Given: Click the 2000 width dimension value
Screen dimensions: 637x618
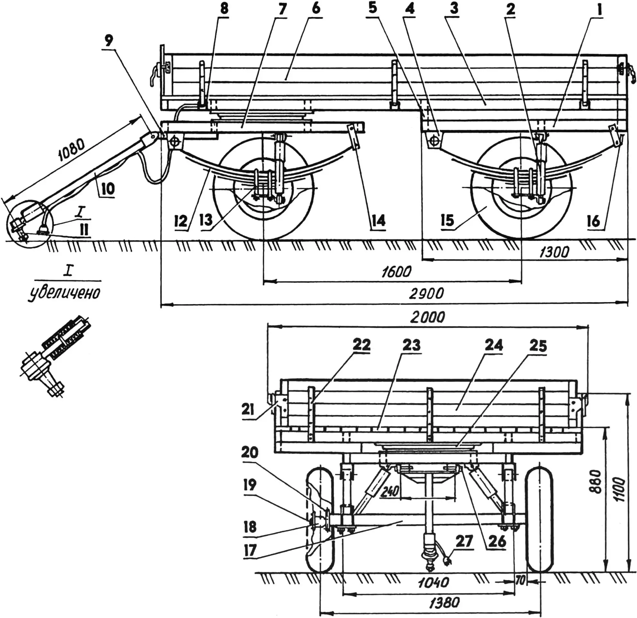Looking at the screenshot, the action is pyautogui.click(x=427, y=317).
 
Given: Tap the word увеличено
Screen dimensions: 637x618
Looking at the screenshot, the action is pyautogui.click(x=64, y=293).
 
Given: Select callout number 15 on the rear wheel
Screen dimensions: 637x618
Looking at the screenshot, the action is pyautogui.click(x=448, y=220).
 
